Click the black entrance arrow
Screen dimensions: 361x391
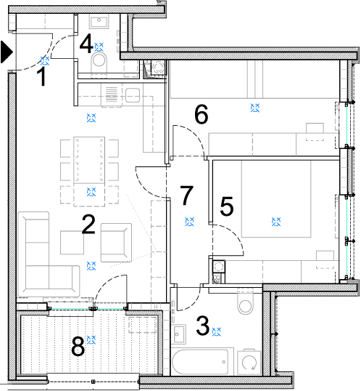pyautogui.click(x=7, y=52)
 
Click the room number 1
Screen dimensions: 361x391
pyautogui.click(x=43, y=77)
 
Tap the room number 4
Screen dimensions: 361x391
pyautogui.click(x=86, y=44)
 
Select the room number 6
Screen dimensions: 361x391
pyautogui.click(x=201, y=114)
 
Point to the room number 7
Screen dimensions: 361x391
pyautogui.click(x=186, y=195)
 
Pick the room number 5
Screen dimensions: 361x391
pyautogui.click(x=227, y=206)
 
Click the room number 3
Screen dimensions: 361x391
pyautogui.click(x=203, y=326)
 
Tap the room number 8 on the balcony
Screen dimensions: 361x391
pyautogui.click(x=78, y=347)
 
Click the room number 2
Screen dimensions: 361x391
pyautogui.click(x=88, y=225)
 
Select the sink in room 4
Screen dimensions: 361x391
pyautogui.click(x=99, y=22)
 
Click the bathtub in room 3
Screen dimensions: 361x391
pyautogui.click(x=200, y=362)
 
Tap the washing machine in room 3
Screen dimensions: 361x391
pyautogui.click(x=249, y=362)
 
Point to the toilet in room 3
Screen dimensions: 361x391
pyautogui.click(x=245, y=301)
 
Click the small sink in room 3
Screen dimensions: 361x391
pyautogui.click(x=178, y=334)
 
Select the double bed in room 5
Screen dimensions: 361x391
pyautogui.click(x=276, y=198)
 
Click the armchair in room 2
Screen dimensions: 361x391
pyautogui.click(x=116, y=243)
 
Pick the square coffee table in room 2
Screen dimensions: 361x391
pyautogui.click(x=72, y=243)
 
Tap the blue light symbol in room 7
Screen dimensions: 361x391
pyautogui.click(x=190, y=222)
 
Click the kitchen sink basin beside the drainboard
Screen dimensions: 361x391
pyautogui.click(x=133, y=95)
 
